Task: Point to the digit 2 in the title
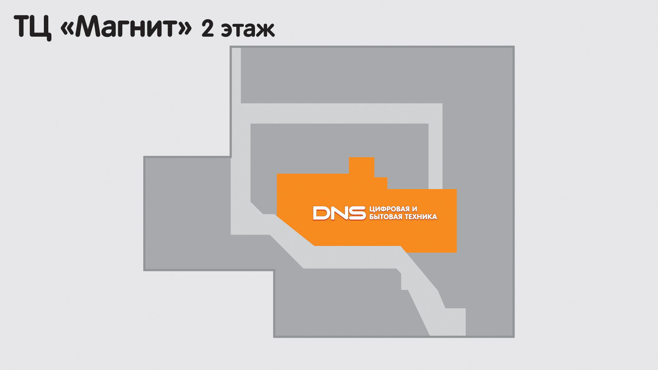coord(208,28)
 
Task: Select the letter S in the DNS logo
coord(357,213)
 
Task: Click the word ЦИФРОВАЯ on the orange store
coord(389,209)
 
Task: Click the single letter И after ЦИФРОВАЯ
coord(415,209)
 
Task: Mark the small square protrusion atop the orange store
coord(362,166)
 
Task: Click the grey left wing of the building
coord(187,213)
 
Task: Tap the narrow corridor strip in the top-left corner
coord(236,75)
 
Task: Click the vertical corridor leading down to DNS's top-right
coord(435,156)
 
